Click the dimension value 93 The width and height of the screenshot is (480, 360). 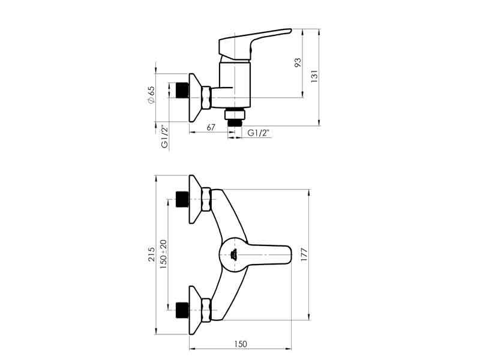tap(298, 63)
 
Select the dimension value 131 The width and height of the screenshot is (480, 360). tap(314, 77)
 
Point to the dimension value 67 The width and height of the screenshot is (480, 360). tap(210, 128)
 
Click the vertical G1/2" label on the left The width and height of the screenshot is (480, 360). tap(163, 137)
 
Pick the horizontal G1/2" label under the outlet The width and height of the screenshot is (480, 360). tap(259, 133)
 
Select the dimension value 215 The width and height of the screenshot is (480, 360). tap(151, 254)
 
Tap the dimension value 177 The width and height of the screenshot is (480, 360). tap(304, 254)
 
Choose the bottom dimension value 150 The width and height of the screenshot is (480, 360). tap(240, 344)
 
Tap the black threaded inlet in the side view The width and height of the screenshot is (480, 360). tap(182, 91)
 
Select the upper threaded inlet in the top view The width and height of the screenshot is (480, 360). tap(182, 199)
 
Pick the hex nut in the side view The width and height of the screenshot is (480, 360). tap(206, 97)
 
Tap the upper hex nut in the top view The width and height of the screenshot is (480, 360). tap(206, 200)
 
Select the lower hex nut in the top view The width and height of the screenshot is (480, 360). tap(206, 309)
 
